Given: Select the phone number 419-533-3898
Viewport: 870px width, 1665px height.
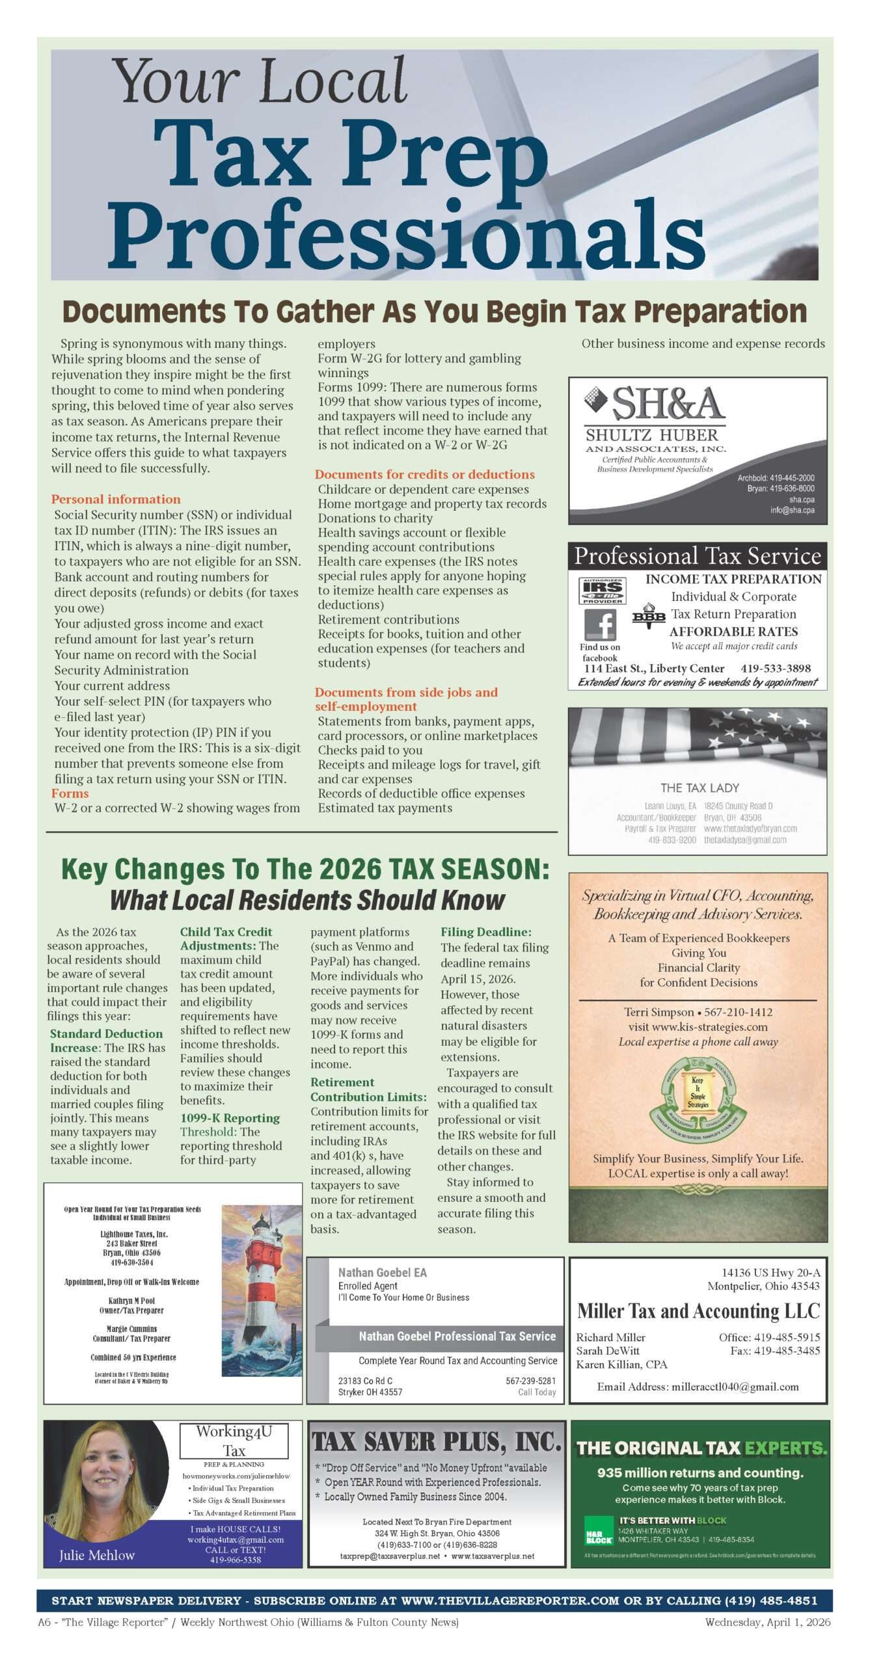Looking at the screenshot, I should click(x=775, y=669).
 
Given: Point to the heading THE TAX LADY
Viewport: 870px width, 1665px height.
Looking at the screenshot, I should click(x=700, y=788).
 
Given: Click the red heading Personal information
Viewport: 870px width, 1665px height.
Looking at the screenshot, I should click(x=116, y=499).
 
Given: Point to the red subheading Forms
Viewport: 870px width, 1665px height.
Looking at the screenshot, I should click(x=70, y=793).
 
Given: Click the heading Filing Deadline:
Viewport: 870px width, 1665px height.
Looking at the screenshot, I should click(x=485, y=932).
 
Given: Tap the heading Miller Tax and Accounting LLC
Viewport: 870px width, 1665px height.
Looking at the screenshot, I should click(x=698, y=1311).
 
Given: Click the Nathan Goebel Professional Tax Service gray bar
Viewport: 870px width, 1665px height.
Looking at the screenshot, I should click(x=457, y=1337).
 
